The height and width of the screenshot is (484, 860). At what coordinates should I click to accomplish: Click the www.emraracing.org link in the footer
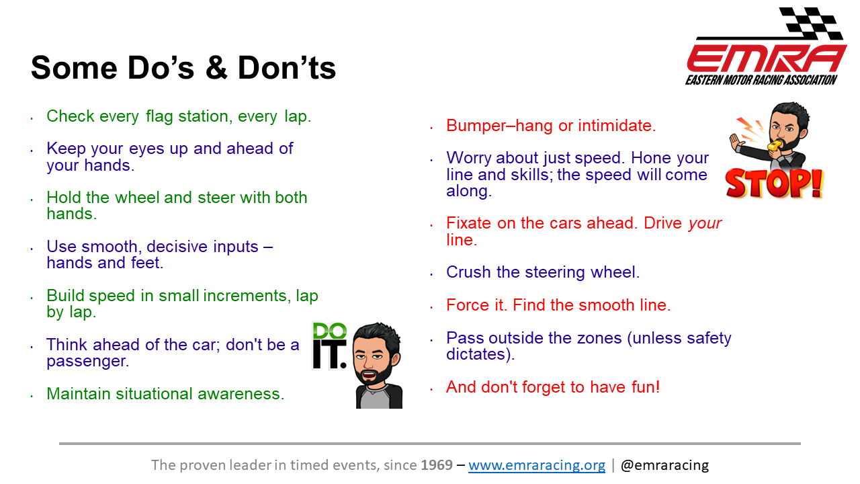pos(537,465)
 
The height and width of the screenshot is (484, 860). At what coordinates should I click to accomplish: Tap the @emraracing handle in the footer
pos(664,465)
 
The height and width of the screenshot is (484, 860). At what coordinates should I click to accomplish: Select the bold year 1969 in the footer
pos(437,465)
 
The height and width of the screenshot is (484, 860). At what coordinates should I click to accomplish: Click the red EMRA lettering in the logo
pos(767,58)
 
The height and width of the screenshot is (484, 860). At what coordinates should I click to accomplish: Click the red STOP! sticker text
pos(774,184)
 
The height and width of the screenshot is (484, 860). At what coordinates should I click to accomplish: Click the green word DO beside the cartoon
pos(330,331)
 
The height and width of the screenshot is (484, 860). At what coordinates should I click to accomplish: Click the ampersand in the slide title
pos(216,68)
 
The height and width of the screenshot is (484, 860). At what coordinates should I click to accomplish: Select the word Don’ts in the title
pos(287,68)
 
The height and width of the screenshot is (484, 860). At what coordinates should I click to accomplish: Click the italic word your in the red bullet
pos(705,224)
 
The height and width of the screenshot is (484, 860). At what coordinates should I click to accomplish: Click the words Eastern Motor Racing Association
pos(761,80)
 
